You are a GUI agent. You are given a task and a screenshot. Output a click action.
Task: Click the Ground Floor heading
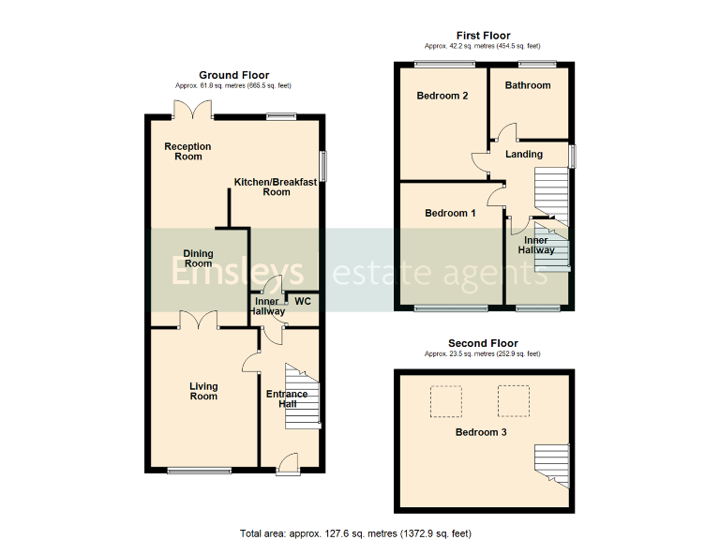point(233,75)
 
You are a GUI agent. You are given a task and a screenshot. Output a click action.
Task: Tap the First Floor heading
point(482,36)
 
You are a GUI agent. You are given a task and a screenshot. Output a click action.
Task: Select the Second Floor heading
point(482,343)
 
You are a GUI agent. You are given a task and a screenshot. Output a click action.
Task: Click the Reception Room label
point(187,151)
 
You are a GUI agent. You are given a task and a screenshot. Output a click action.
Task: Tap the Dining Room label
point(198,259)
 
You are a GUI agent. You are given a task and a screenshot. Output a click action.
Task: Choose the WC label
point(302,302)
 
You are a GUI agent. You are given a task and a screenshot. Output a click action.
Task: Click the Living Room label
point(203,391)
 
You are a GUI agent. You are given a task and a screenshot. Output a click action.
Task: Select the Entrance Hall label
point(287,398)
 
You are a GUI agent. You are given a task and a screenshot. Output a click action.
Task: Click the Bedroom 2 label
point(442,96)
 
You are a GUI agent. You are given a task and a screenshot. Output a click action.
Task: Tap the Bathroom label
point(527,85)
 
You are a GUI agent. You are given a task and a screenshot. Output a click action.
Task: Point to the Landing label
point(524,155)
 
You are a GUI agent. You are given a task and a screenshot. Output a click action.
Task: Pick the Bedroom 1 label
point(450,213)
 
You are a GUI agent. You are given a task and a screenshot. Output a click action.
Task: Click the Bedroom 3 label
point(481,432)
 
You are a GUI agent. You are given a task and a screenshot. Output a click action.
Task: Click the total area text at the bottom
point(354,533)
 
